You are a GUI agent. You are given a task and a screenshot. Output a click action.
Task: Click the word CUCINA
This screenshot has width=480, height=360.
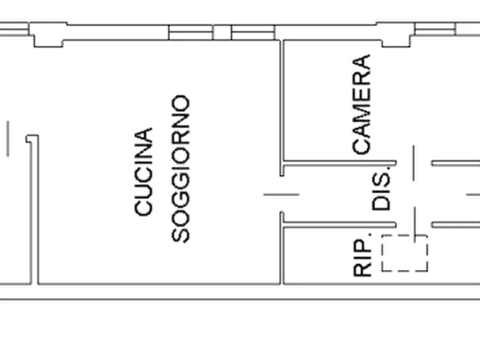tap(144, 172)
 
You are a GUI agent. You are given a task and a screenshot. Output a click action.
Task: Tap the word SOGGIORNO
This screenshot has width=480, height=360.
tap(180, 169)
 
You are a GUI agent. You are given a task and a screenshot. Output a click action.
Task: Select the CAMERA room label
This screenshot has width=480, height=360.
tap(361, 104)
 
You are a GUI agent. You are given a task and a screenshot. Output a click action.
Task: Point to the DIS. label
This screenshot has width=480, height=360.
tap(382, 188)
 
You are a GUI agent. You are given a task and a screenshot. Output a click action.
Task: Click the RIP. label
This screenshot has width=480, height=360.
tap(362, 255)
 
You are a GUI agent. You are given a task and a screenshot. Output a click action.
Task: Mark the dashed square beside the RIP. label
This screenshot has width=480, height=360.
tap(404, 253)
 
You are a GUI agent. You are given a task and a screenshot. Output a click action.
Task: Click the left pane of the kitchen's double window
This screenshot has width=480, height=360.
tap(190, 32)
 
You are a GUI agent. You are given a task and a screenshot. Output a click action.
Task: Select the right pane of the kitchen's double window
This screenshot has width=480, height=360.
tap(253, 32)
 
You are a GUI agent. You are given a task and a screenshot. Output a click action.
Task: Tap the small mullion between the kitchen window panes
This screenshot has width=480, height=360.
tap(222, 32)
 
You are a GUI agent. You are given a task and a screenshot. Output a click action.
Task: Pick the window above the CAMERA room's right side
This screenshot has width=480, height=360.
tap(435, 29)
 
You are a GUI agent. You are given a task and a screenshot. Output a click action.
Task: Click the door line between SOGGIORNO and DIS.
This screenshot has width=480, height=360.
tap(281, 195)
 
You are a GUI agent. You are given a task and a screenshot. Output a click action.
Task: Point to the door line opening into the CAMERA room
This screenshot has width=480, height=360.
tap(414, 163)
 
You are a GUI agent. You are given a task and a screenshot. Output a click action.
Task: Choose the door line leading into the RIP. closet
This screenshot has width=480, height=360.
tap(415, 225)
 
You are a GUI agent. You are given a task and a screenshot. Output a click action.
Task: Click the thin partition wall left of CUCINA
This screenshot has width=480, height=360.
tap(34, 210)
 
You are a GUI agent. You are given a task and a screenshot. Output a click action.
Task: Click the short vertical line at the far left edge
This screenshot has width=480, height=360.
tap(8, 139)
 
